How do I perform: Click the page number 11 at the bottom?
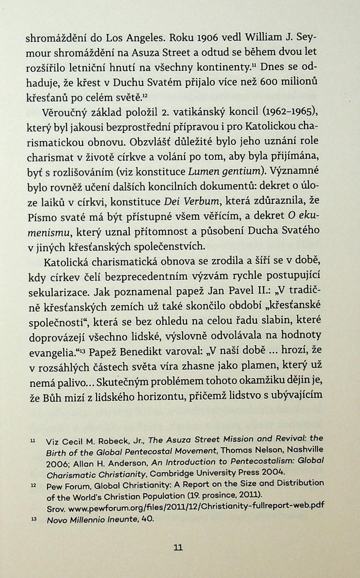(178, 547)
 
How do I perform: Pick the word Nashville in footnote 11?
(303, 450)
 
